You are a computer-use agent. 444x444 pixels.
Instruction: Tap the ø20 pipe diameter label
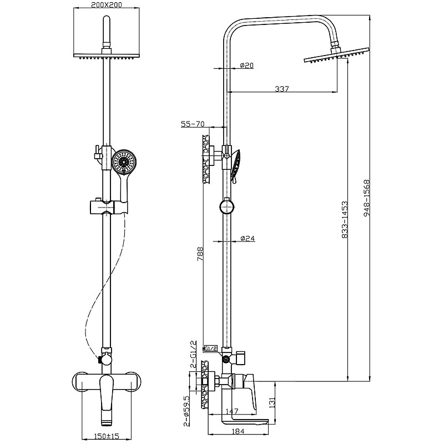click(x=247, y=65)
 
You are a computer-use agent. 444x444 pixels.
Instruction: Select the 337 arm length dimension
click(x=281, y=89)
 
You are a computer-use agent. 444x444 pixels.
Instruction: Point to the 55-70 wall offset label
click(x=193, y=124)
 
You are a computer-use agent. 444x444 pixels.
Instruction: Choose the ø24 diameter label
click(x=248, y=239)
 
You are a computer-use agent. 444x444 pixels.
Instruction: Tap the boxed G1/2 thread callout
click(x=210, y=349)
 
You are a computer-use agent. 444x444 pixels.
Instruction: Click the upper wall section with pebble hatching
click(x=208, y=158)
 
